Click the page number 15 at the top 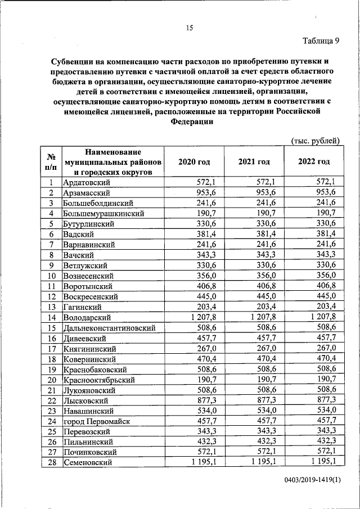point(190,29)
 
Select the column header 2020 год point(194,161)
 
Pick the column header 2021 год point(254,161)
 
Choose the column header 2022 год point(314,161)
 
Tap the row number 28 point(51,462)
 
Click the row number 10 point(51,276)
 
